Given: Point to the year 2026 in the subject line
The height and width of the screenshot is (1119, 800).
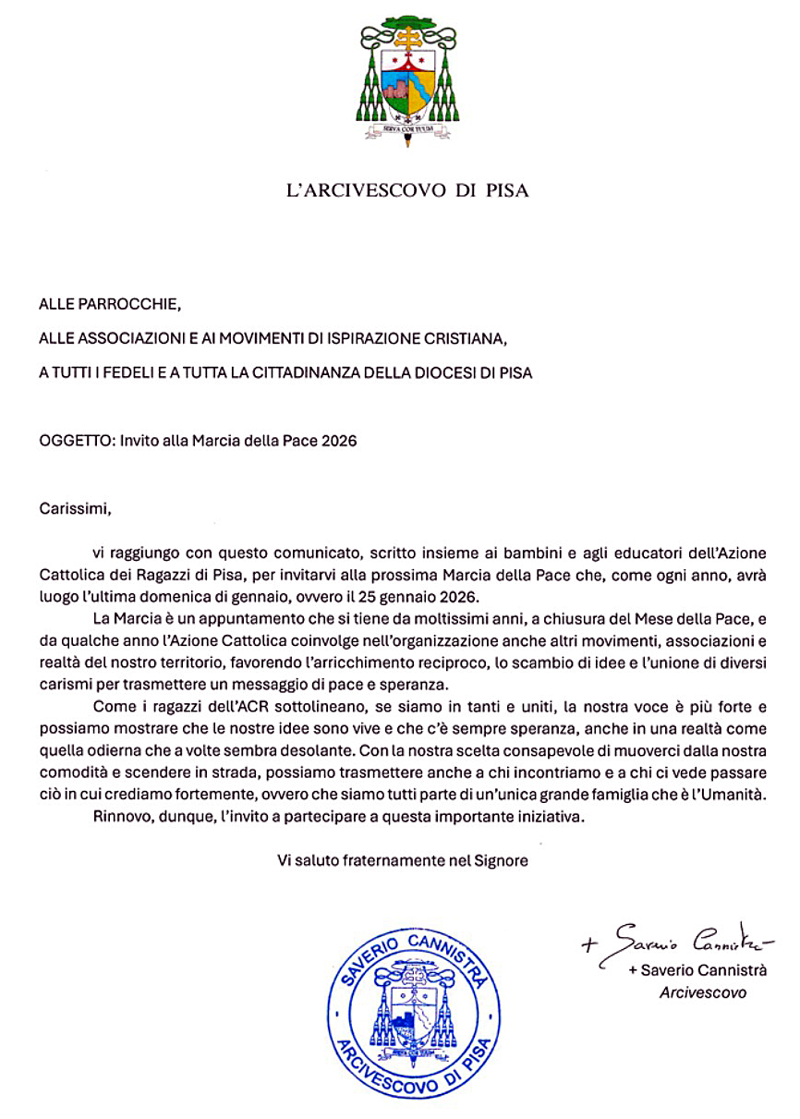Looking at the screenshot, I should (x=337, y=441).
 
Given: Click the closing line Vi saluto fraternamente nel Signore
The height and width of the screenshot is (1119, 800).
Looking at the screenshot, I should (x=403, y=860).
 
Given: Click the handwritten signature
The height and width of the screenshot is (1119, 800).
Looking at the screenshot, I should (x=679, y=943).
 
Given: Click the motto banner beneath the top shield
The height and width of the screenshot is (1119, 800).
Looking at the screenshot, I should (x=403, y=130).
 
